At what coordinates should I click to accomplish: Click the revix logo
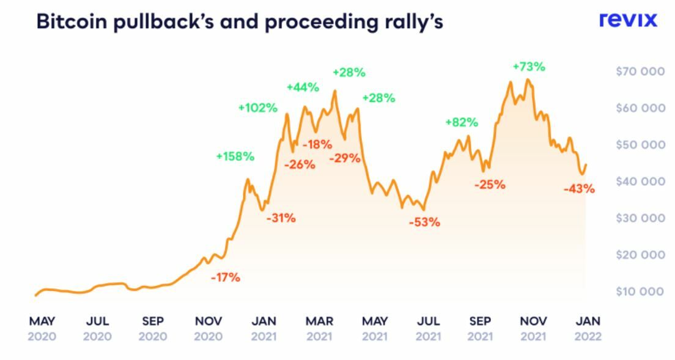pyautogui.click(x=628, y=20)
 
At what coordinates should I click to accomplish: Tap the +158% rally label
pyautogui.click(x=235, y=156)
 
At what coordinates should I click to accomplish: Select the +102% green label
pyautogui.click(x=257, y=108)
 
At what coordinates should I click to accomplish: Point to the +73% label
pyautogui.click(x=528, y=66)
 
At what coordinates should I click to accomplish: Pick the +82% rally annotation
pyautogui.click(x=461, y=122)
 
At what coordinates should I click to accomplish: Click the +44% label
pyautogui.click(x=303, y=87)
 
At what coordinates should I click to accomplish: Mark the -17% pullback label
pyautogui.click(x=226, y=277)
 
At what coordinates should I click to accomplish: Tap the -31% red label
pyautogui.click(x=281, y=218)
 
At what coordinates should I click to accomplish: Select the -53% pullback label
pyautogui.click(x=424, y=222)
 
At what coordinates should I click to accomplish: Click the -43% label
pyautogui.click(x=579, y=189)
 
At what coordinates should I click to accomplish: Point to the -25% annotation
pyautogui.click(x=490, y=184)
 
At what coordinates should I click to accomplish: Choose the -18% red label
pyautogui.click(x=317, y=145)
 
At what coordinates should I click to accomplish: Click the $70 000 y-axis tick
pyautogui.click(x=640, y=72)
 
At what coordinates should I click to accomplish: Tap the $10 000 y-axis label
pyautogui.click(x=640, y=291)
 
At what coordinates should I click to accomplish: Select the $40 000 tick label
pyautogui.click(x=640, y=181)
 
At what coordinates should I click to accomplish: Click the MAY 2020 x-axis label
pyautogui.click(x=42, y=328)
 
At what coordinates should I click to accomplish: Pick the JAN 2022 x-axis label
pyautogui.click(x=588, y=328)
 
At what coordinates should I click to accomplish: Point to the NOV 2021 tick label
pyautogui.click(x=533, y=328)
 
